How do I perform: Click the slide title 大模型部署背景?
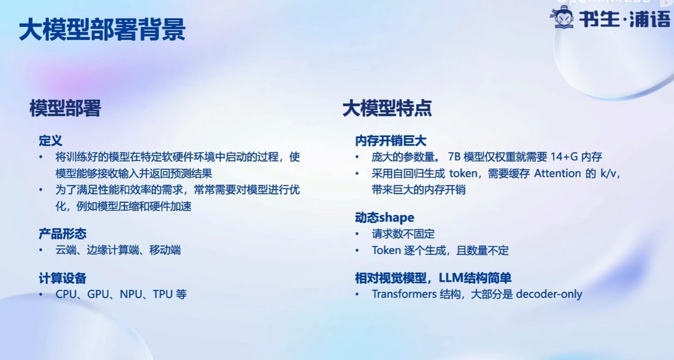pyautogui.click(x=102, y=30)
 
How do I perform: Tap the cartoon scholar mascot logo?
pyautogui.click(x=563, y=18)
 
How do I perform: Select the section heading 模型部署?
pyautogui.click(x=66, y=109)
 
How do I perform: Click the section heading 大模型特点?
pyautogui.click(x=387, y=109)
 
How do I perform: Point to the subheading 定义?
pyautogui.click(x=51, y=141)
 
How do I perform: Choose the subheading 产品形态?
pyautogui.click(x=63, y=234)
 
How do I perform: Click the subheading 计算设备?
pyautogui.click(x=63, y=279)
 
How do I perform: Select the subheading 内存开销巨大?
pyautogui.click(x=391, y=141)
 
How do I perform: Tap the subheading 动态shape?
pyautogui.click(x=384, y=218)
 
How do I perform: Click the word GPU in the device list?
pyautogui.click(x=98, y=294)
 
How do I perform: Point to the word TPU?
pyautogui.click(x=163, y=294)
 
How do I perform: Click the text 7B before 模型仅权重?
pyautogui.click(x=454, y=157)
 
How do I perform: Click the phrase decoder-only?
pyautogui.click(x=549, y=294)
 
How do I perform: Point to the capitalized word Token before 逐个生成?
pyautogui.click(x=386, y=250)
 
